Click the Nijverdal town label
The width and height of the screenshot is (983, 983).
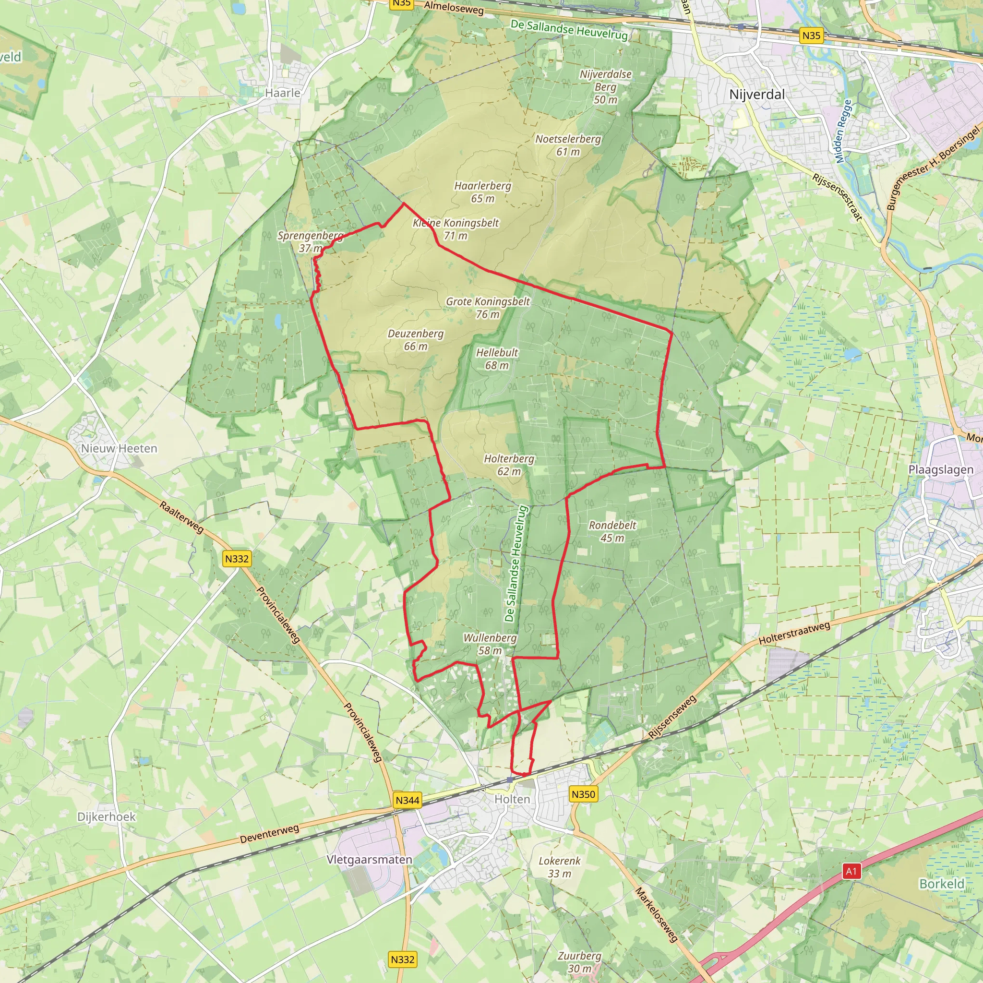756,95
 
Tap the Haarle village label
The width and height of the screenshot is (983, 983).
283,93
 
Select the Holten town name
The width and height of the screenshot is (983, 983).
512,799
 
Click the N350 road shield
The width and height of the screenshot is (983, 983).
583,794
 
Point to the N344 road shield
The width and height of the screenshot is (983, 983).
408,800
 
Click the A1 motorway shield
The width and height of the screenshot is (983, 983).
851,871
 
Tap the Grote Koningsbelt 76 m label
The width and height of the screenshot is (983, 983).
488,308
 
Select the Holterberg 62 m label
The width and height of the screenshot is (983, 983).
509,465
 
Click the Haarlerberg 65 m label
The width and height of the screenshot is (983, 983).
482,192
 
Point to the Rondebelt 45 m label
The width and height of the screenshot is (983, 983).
612,531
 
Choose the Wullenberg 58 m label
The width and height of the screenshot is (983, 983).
490,644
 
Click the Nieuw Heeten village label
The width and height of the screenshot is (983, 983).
119,449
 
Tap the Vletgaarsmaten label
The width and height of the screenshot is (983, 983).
370,860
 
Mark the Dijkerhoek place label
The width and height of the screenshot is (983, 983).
107,816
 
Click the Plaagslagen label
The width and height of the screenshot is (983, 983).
941,469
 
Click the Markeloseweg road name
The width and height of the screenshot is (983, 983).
656,914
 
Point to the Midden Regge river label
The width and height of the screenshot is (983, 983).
843,131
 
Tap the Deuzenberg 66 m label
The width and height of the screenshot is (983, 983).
416,340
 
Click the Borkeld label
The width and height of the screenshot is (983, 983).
941,884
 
